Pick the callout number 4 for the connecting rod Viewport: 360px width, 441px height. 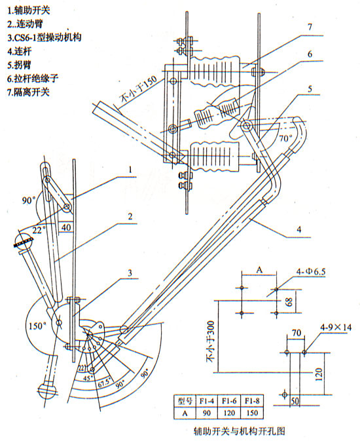[297, 229]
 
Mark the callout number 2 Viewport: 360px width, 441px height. [131, 216]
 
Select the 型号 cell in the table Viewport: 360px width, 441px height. [184, 400]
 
